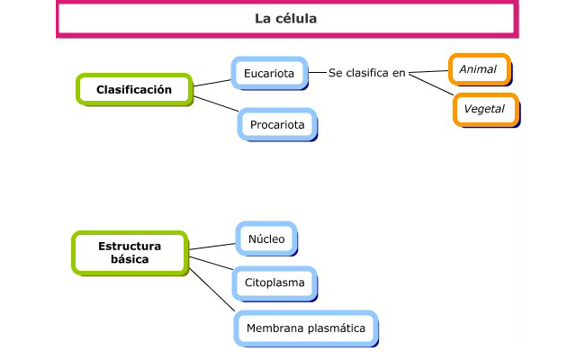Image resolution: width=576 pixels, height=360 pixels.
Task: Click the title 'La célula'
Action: pos(285,18)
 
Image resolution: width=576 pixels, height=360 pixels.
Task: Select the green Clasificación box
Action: pos(133,89)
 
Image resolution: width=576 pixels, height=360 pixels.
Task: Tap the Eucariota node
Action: pos(269,72)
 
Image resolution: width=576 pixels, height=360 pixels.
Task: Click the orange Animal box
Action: pos(478,69)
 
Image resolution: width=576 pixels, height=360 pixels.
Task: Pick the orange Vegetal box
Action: pos(485,110)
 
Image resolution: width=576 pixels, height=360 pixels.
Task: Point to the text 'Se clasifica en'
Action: pos(367,72)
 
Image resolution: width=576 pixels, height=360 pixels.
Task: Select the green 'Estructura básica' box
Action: pos(130,252)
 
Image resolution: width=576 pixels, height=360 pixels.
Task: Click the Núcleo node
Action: pos(265,238)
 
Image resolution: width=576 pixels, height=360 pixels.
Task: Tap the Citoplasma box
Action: pos(274,283)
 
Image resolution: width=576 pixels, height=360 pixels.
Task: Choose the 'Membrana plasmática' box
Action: pos(306,328)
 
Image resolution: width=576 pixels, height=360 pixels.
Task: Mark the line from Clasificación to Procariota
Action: pos(217,106)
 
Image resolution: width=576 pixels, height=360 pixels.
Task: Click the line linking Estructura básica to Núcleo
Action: pos(212,244)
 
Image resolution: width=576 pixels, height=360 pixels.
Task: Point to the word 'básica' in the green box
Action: pos(130,259)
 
